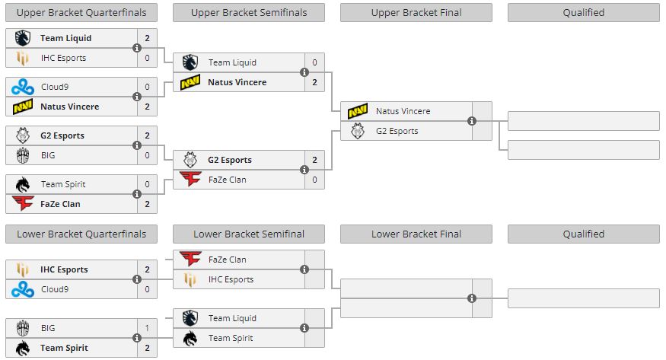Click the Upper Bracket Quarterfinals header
click(x=81, y=12)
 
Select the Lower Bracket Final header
click(x=416, y=234)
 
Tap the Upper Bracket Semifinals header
click(x=249, y=12)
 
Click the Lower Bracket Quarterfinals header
click(x=81, y=234)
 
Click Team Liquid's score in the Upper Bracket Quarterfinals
click(x=147, y=38)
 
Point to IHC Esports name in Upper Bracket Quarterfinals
click(x=63, y=58)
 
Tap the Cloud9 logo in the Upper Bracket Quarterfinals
click(x=23, y=87)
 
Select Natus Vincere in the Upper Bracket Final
click(x=403, y=111)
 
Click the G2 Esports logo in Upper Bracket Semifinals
click(x=190, y=160)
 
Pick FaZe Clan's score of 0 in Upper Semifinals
click(x=314, y=180)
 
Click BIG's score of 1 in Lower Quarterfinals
click(x=147, y=328)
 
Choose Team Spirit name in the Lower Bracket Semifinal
click(x=232, y=338)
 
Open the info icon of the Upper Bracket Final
click(x=472, y=121)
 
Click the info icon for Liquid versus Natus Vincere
click(x=304, y=72)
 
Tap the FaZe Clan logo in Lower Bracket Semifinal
click(x=190, y=260)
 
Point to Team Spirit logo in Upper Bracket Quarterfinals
click(x=23, y=184)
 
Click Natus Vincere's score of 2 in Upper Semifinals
click(x=314, y=82)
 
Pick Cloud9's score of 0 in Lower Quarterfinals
click(x=147, y=289)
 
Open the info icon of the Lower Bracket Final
click(x=472, y=298)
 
